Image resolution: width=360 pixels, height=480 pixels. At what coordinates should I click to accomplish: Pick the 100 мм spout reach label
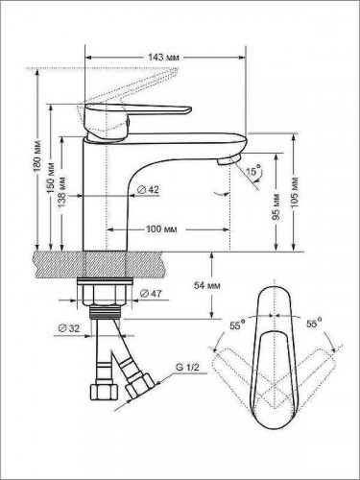point(161,229)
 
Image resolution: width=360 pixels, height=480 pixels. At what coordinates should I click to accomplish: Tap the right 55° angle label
point(311,324)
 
